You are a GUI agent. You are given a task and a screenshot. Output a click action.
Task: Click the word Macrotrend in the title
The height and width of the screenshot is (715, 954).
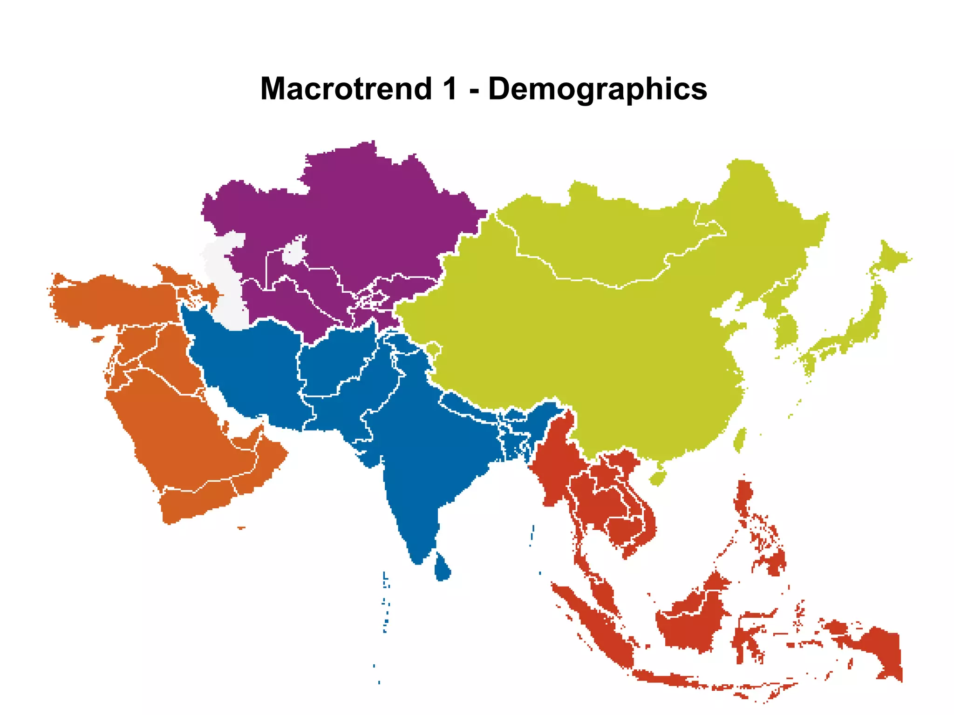[346, 88]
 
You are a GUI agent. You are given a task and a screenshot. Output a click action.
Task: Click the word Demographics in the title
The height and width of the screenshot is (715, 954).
[598, 88]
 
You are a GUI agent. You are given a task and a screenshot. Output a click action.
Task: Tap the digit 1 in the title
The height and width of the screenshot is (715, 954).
[450, 88]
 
